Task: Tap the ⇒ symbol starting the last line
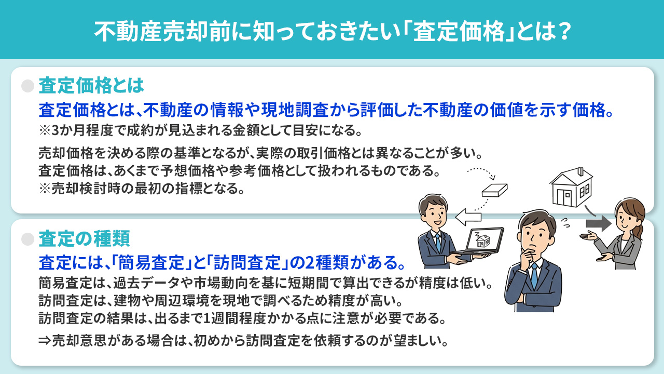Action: [x=44, y=341]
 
